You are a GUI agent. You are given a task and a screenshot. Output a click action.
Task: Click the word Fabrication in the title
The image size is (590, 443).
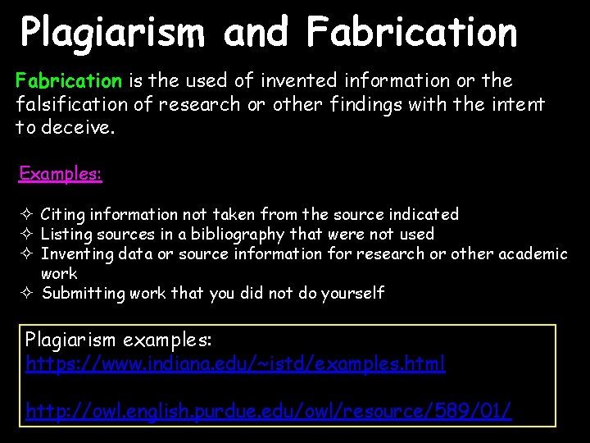412,34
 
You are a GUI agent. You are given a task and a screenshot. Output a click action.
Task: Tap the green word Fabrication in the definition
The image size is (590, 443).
69,81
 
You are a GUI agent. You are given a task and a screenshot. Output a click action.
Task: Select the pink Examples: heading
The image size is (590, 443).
61,174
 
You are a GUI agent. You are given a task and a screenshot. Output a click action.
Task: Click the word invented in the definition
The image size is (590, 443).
298,81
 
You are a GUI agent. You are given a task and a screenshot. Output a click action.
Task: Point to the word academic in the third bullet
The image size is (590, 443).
529,254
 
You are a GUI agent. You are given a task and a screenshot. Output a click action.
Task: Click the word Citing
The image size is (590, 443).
63,215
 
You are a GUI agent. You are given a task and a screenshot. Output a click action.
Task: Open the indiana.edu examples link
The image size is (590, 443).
236,363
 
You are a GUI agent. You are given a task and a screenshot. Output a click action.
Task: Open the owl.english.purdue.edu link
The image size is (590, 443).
269,411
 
